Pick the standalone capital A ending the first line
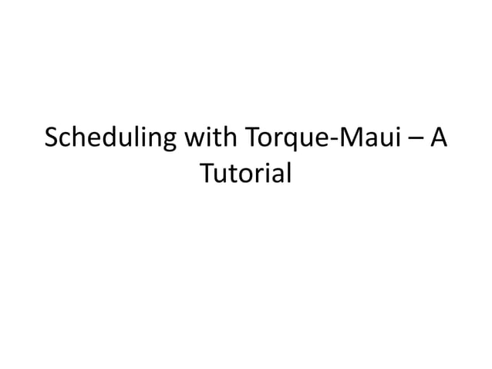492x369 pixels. [x=438, y=139]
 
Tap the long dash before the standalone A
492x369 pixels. [x=415, y=142]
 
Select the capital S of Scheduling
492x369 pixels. [x=52, y=139]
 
